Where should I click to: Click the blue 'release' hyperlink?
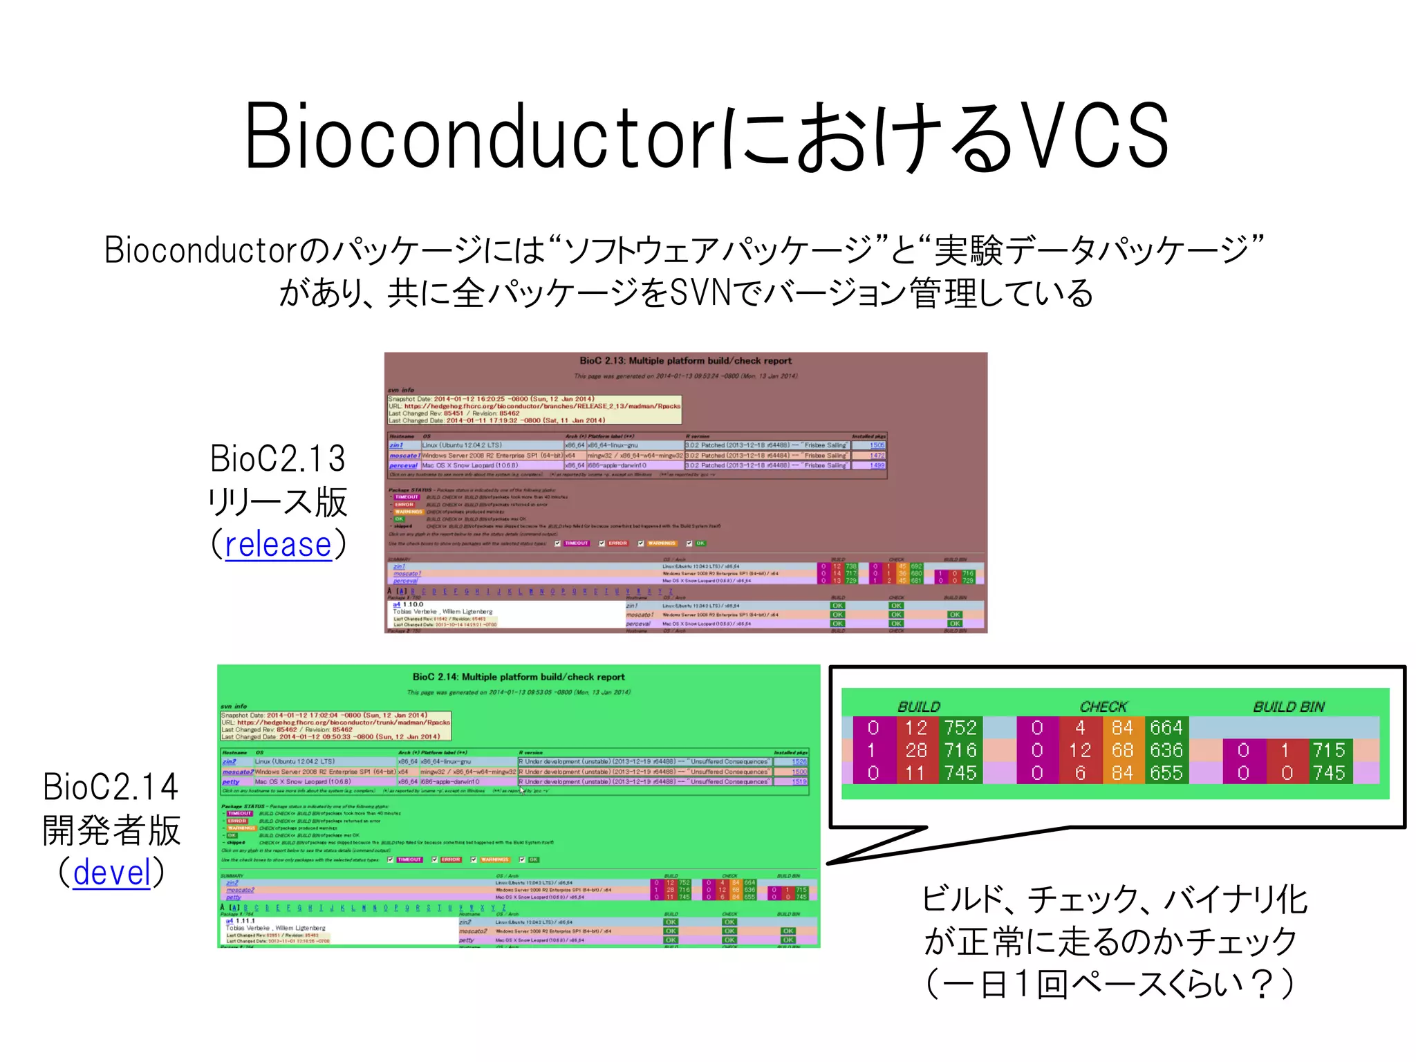click(x=278, y=545)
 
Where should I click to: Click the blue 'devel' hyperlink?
click(x=111, y=873)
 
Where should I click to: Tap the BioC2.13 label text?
click(x=277, y=459)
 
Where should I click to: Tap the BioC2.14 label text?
click(x=111, y=787)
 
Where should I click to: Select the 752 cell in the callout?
click(x=960, y=728)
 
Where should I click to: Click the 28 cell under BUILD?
click(x=915, y=750)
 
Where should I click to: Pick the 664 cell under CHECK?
click(x=1166, y=728)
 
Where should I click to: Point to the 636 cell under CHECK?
click(x=1166, y=750)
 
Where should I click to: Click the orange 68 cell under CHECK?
click(x=1122, y=750)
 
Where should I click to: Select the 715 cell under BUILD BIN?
click(x=1329, y=750)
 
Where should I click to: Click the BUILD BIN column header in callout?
click(x=1289, y=707)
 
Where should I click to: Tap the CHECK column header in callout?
click(x=1103, y=707)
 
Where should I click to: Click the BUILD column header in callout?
click(x=919, y=707)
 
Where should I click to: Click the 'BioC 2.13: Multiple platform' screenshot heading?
click(x=685, y=361)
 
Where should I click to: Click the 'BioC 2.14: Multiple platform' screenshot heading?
click(x=518, y=677)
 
